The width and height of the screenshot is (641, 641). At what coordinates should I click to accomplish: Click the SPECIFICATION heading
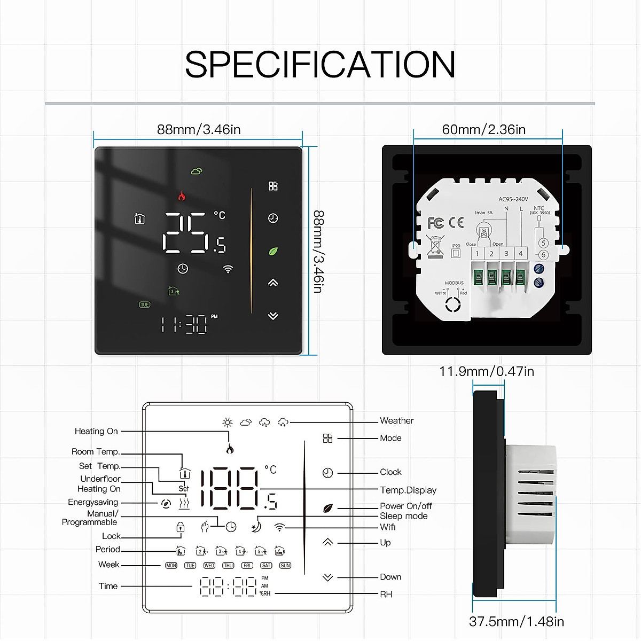pyautogui.click(x=320, y=65)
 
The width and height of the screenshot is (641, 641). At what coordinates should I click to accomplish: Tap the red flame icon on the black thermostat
pyautogui.click(x=182, y=196)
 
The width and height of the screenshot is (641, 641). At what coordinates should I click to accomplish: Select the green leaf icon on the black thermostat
pyautogui.click(x=273, y=251)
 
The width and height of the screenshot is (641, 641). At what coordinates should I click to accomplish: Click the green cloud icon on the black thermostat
pyautogui.click(x=197, y=171)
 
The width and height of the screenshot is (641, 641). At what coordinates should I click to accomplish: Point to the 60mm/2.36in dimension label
pyautogui.click(x=483, y=130)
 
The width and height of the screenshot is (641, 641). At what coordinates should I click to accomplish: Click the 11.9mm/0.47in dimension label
pyautogui.click(x=486, y=371)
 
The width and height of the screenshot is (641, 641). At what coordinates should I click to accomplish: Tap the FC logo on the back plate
pyautogui.click(x=436, y=223)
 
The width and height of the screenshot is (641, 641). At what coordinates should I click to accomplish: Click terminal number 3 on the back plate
pyautogui.click(x=506, y=254)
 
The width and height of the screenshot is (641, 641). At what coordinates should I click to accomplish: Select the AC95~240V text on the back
pyautogui.click(x=513, y=199)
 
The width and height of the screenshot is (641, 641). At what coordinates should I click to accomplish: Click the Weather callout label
pyautogui.click(x=396, y=421)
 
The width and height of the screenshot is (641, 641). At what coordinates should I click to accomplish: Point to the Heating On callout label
pyautogui.click(x=96, y=431)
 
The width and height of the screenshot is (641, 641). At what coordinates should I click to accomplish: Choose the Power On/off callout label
pyautogui.click(x=406, y=506)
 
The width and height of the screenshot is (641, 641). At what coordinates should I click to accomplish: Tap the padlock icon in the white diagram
pyautogui.click(x=181, y=527)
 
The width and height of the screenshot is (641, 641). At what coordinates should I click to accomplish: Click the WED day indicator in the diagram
pyautogui.click(x=209, y=565)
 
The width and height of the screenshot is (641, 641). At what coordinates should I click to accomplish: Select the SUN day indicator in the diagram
pyautogui.click(x=285, y=565)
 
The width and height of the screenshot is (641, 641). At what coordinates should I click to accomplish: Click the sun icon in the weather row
pyautogui.click(x=228, y=423)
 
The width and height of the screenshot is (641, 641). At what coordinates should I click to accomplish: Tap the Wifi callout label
pyautogui.click(x=388, y=527)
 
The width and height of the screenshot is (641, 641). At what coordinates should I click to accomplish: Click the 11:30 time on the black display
pyautogui.click(x=184, y=324)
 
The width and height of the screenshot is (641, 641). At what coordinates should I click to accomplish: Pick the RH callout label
pyautogui.click(x=386, y=594)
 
